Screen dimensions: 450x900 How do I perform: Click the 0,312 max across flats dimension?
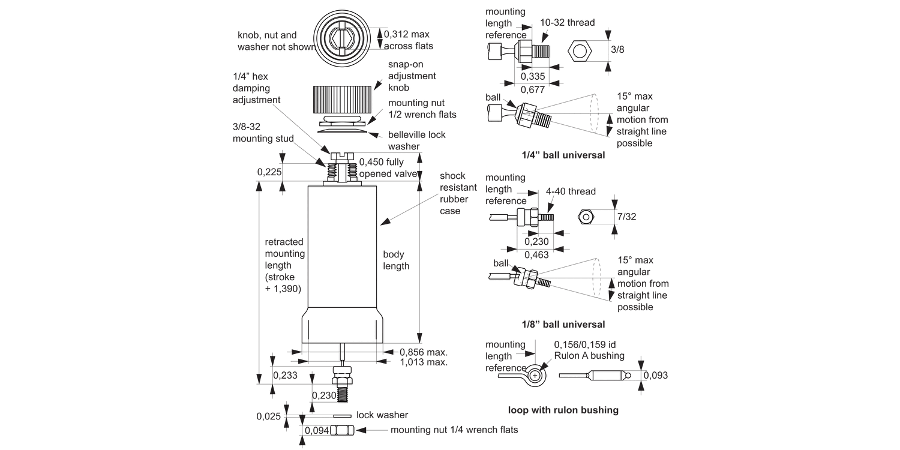(x=408, y=40)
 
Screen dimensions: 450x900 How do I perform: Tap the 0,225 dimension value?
(x=269, y=172)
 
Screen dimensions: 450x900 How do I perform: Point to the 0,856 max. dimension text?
(x=424, y=352)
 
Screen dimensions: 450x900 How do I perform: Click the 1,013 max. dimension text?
(x=424, y=362)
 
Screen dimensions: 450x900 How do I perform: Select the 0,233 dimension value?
(x=284, y=375)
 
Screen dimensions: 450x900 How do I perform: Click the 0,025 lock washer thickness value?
(x=268, y=416)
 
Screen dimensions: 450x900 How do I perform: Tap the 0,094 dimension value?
(x=316, y=430)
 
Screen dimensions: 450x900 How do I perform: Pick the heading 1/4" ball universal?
(x=563, y=155)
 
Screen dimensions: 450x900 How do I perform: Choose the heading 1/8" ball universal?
(x=563, y=325)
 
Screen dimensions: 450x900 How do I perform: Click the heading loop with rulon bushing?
(x=563, y=410)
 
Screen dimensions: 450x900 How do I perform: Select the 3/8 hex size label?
(x=617, y=50)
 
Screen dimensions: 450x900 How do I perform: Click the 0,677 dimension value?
(x=533, y=89)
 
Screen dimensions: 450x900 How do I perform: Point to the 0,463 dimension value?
(x=536, y=255)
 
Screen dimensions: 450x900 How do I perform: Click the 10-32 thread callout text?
(x=567, y=23)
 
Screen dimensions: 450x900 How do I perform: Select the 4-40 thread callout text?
(x=571, y=191)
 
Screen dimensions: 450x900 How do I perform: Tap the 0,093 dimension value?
(x=656, y=376)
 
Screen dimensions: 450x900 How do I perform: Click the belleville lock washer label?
(x=416, y=140)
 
